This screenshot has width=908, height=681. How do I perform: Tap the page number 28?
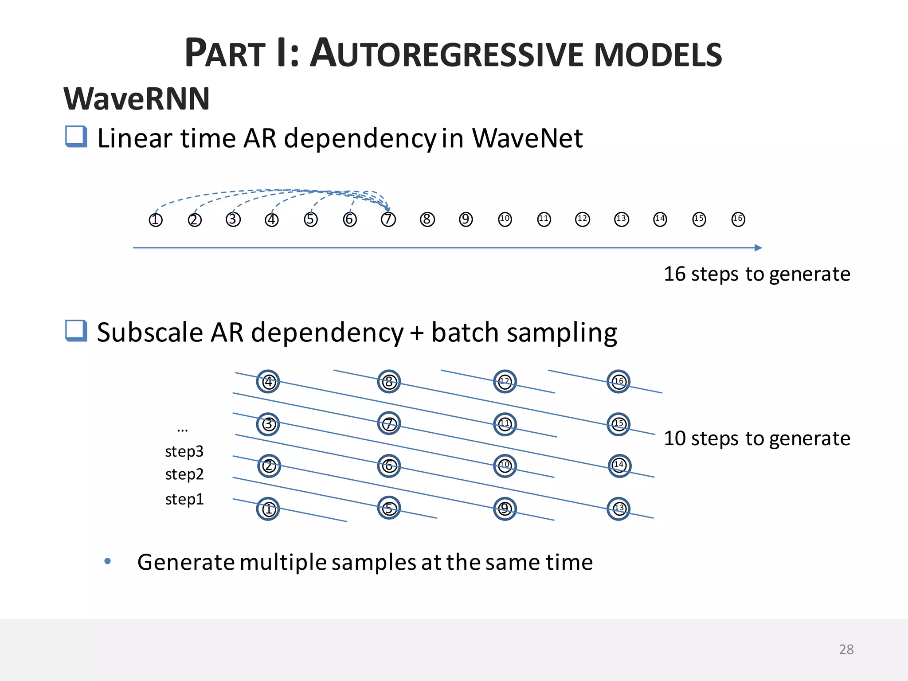(846, 649)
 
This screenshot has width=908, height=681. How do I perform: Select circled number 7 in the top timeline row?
(388, 219)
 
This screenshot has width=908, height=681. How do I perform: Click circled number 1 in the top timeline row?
(156, 219)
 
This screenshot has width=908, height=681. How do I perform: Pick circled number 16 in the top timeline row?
(738, 219)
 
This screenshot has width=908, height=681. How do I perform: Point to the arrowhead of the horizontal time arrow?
(758, 248)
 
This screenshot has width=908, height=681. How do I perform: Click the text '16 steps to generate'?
(757, 274)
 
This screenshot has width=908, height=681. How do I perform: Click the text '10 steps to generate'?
(757, 438)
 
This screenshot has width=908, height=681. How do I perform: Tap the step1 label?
(184, 499)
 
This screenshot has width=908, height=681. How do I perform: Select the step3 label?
(184, 451)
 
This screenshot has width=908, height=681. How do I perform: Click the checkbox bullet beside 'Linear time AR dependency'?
(76, 136)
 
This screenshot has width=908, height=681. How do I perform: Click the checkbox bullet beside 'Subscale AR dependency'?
(76, 330)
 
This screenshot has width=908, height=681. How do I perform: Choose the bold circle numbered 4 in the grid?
(268, 381)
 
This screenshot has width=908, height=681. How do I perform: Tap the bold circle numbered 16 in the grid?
(618, 381)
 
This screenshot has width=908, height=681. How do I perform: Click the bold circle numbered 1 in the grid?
(268, 509)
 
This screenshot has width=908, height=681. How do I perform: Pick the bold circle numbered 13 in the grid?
(618, 508)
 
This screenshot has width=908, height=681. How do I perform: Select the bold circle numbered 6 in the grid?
(389, 466)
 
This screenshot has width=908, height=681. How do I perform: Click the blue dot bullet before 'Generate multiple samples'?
(107, 561)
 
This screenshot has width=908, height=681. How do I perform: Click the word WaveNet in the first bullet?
(527, 138)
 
